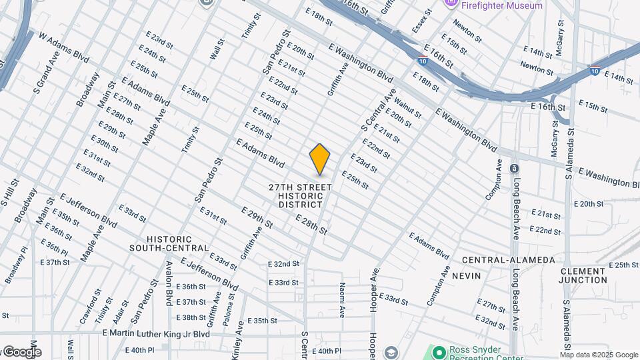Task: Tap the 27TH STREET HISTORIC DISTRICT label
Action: (301, 196)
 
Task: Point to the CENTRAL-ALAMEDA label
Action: (508, 259)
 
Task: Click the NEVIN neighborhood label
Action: (465, 275)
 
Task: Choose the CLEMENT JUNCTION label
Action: (583, 275)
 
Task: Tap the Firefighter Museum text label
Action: (501, 5)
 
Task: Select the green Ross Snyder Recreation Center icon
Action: (439, 351)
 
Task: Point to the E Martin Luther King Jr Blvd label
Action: (156, 333)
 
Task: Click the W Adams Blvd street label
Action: (64, 46)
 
